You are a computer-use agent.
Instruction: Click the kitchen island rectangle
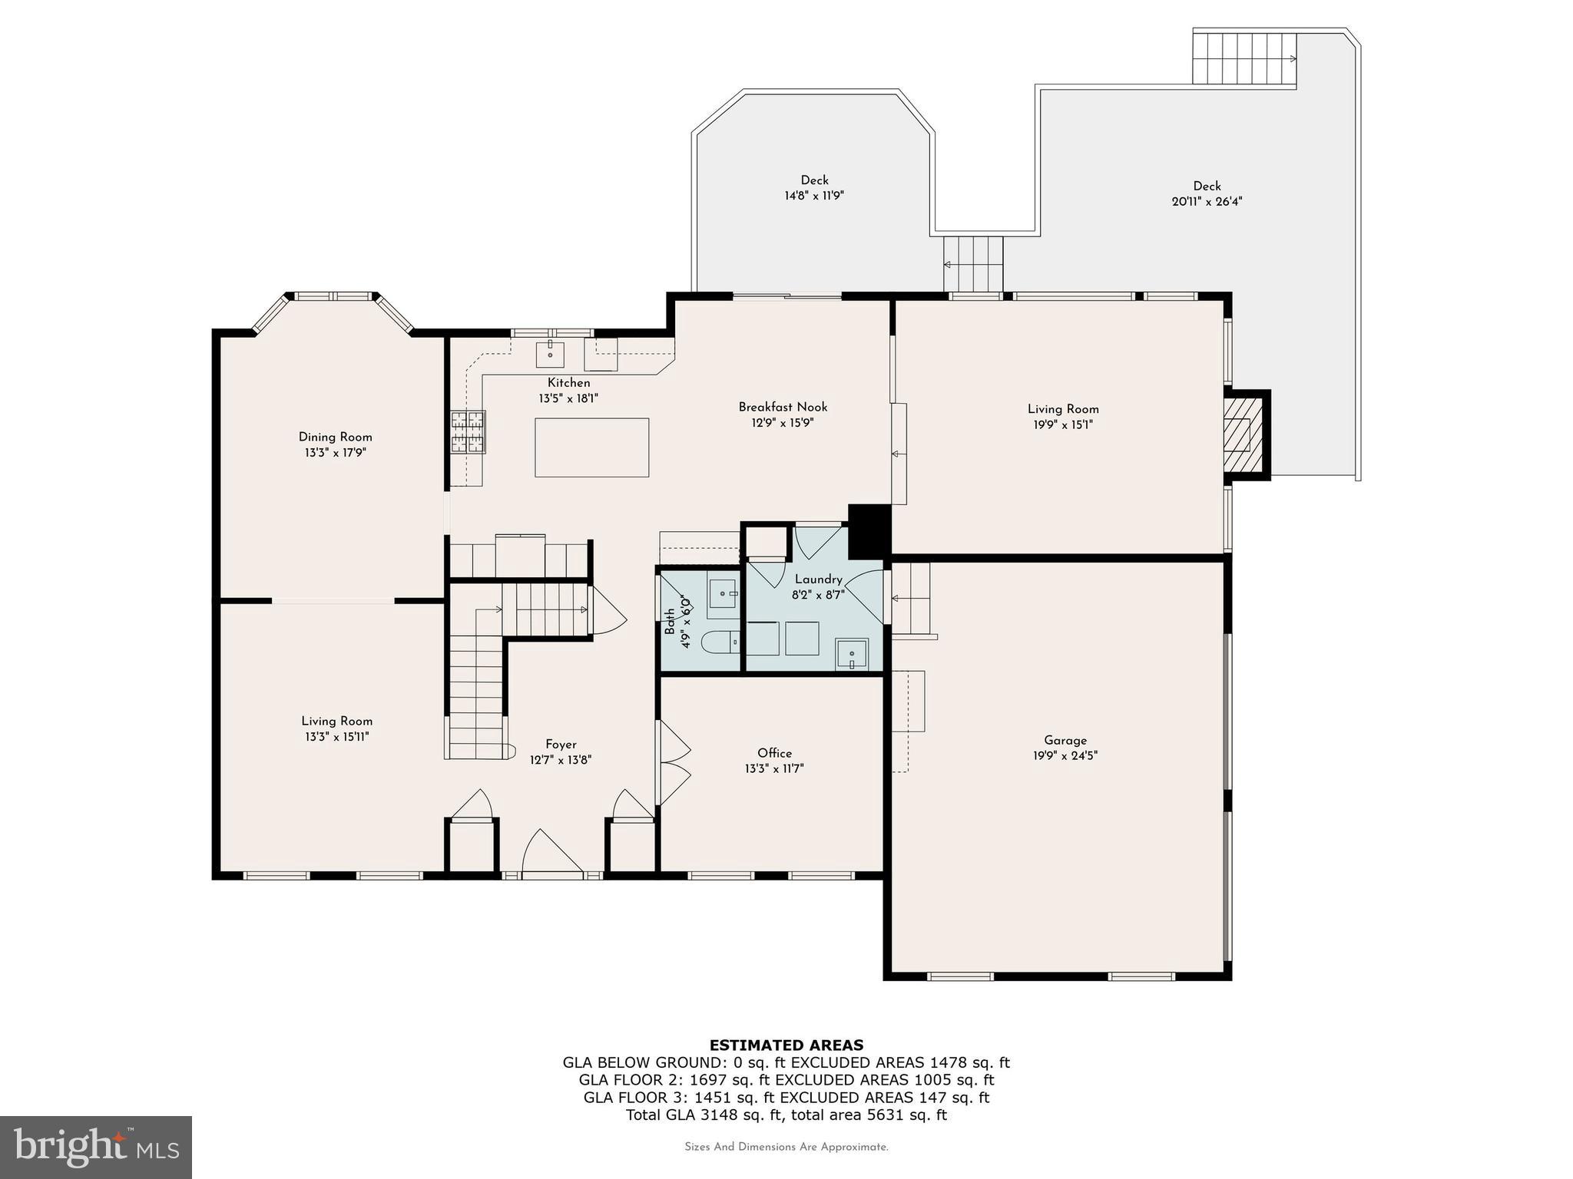point(591,447)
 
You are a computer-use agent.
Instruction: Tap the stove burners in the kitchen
point(468,433)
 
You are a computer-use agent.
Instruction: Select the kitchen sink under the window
point(550,355)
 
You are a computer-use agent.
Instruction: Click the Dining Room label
point(335,437)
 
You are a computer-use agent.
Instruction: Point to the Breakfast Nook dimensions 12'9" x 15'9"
point(782,423)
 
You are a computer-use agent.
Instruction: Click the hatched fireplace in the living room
point(1238,435)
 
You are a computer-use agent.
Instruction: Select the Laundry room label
point(818,579)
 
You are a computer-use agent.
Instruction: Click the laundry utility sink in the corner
point(852,655)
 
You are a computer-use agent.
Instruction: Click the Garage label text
point(1065,740)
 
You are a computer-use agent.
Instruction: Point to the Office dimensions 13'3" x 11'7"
point(773,768)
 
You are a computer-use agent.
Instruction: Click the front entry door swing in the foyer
point(551,852)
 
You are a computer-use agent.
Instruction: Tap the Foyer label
point(561,744)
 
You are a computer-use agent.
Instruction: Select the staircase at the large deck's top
point(1244,58)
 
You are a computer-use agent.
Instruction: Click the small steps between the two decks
point(973,263)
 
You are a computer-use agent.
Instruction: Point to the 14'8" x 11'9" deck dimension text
point(813,196)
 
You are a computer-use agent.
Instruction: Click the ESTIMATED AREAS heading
point(786,1045)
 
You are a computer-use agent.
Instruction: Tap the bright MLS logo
point(95,1148)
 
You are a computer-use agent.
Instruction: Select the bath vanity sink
point(723,594)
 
